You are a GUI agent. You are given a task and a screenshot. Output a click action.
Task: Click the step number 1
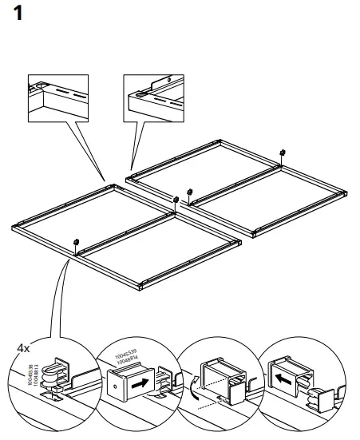coord(22,15)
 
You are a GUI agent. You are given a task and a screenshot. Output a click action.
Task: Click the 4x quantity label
coord(23,348)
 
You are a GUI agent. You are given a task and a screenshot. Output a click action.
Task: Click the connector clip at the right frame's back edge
coord(283,152)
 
